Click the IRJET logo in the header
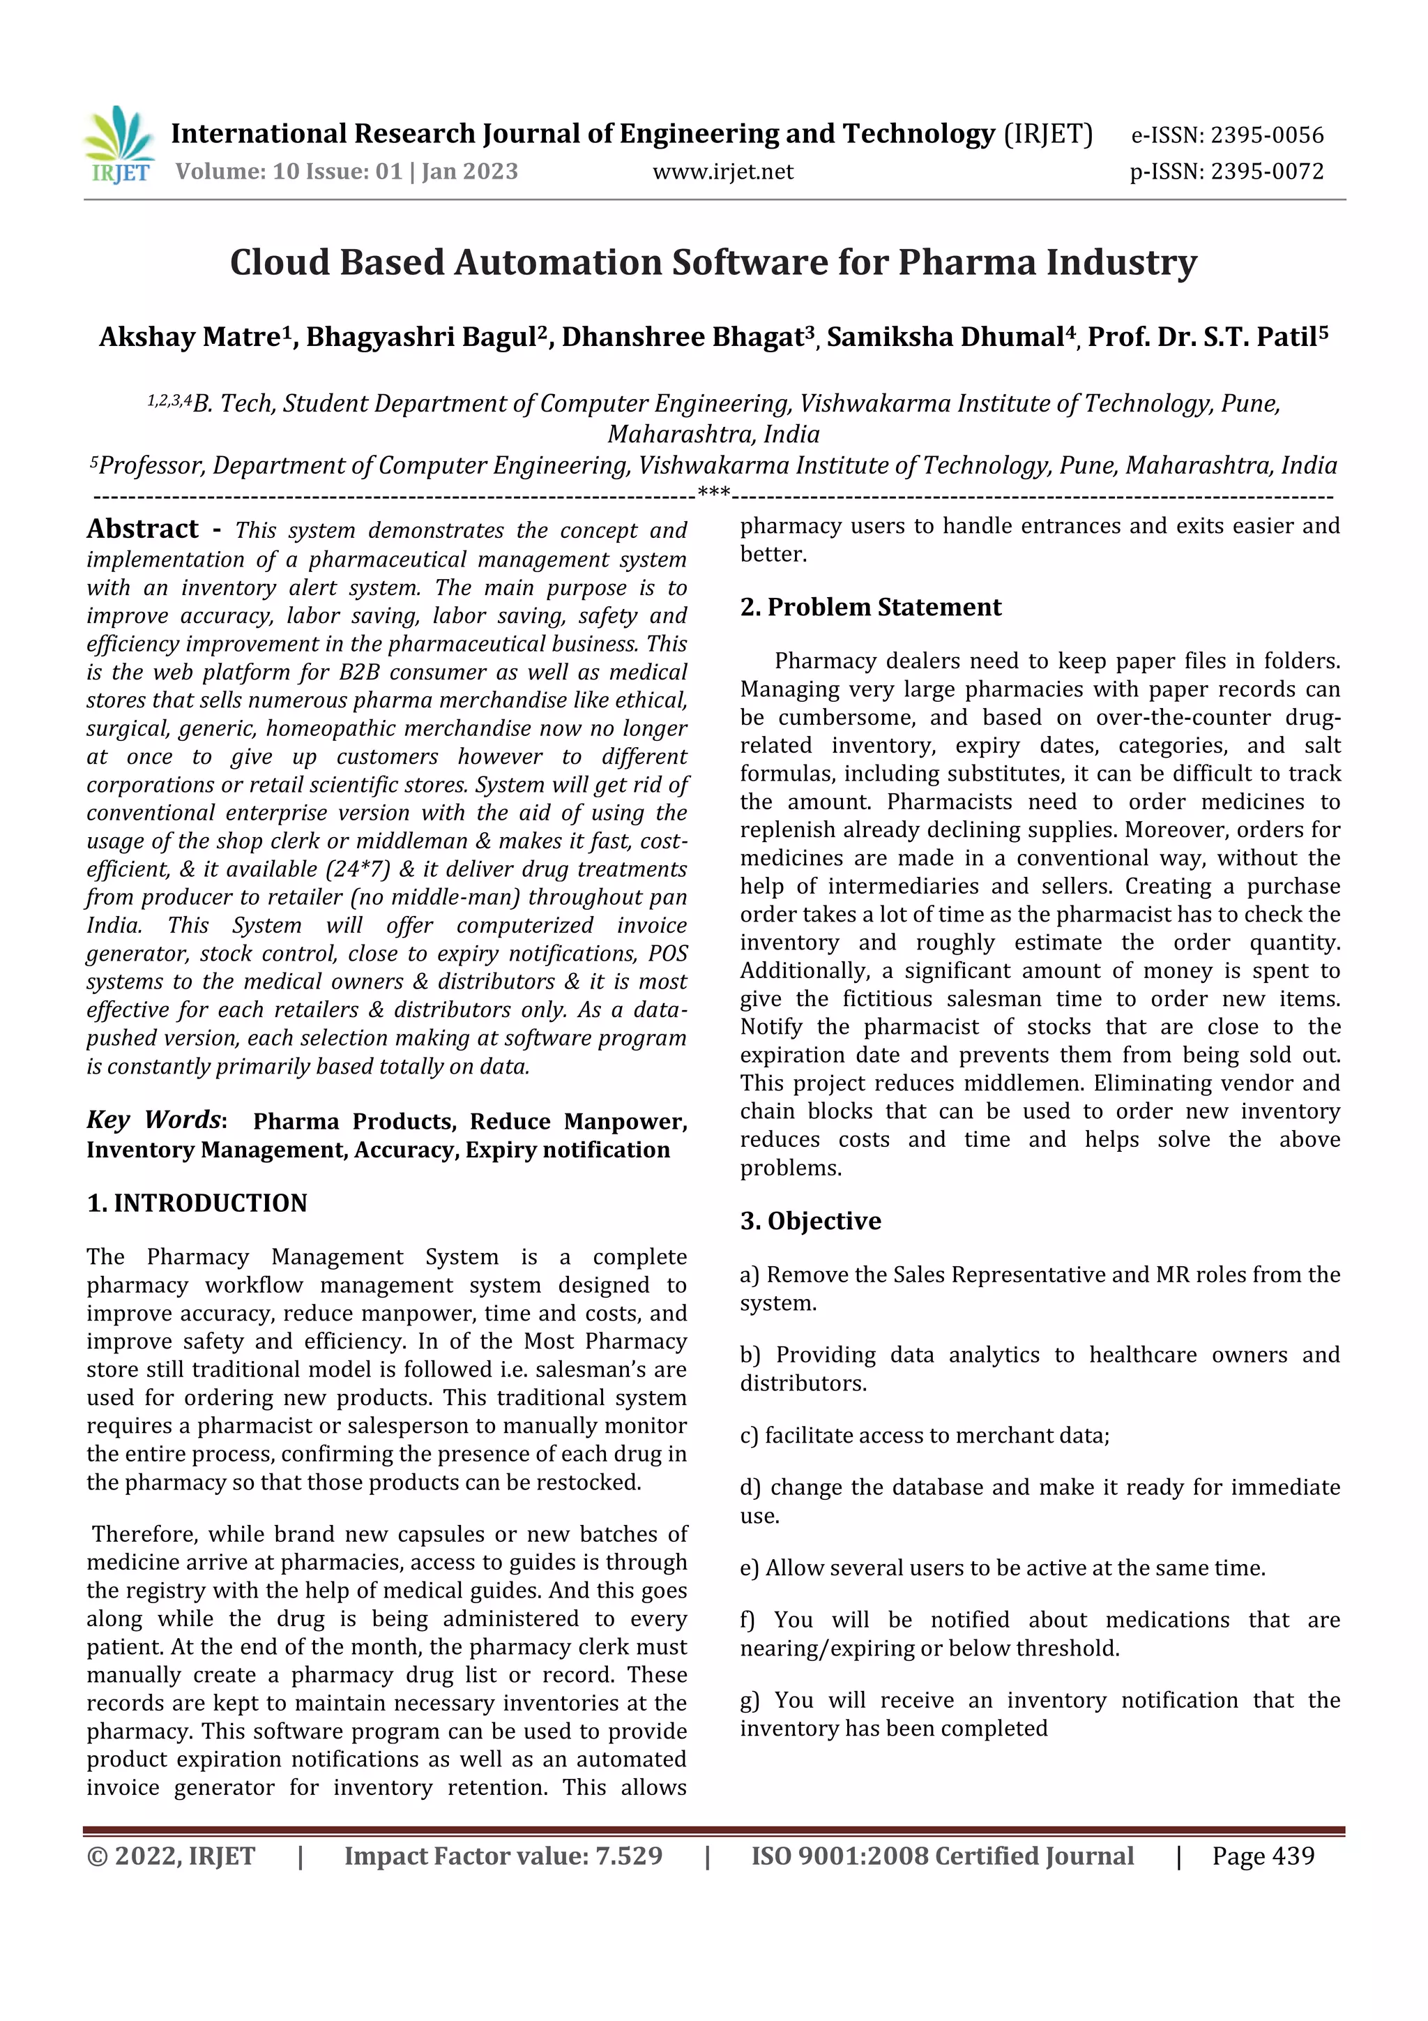(120, 145)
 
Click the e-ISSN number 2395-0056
(1266, 135)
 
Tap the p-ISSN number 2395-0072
(1266, 172)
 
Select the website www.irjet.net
(722, 172)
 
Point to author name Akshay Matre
(189, 337)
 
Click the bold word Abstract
(142, 529)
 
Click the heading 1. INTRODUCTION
(197, 1203)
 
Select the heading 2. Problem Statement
(870, 608)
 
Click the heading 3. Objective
(810, 1221)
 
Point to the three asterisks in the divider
(713, 492)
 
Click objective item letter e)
(750, 1568)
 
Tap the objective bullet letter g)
(750, 1701)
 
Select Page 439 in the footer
(1263, 1856)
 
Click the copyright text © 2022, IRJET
(171, 1856)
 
